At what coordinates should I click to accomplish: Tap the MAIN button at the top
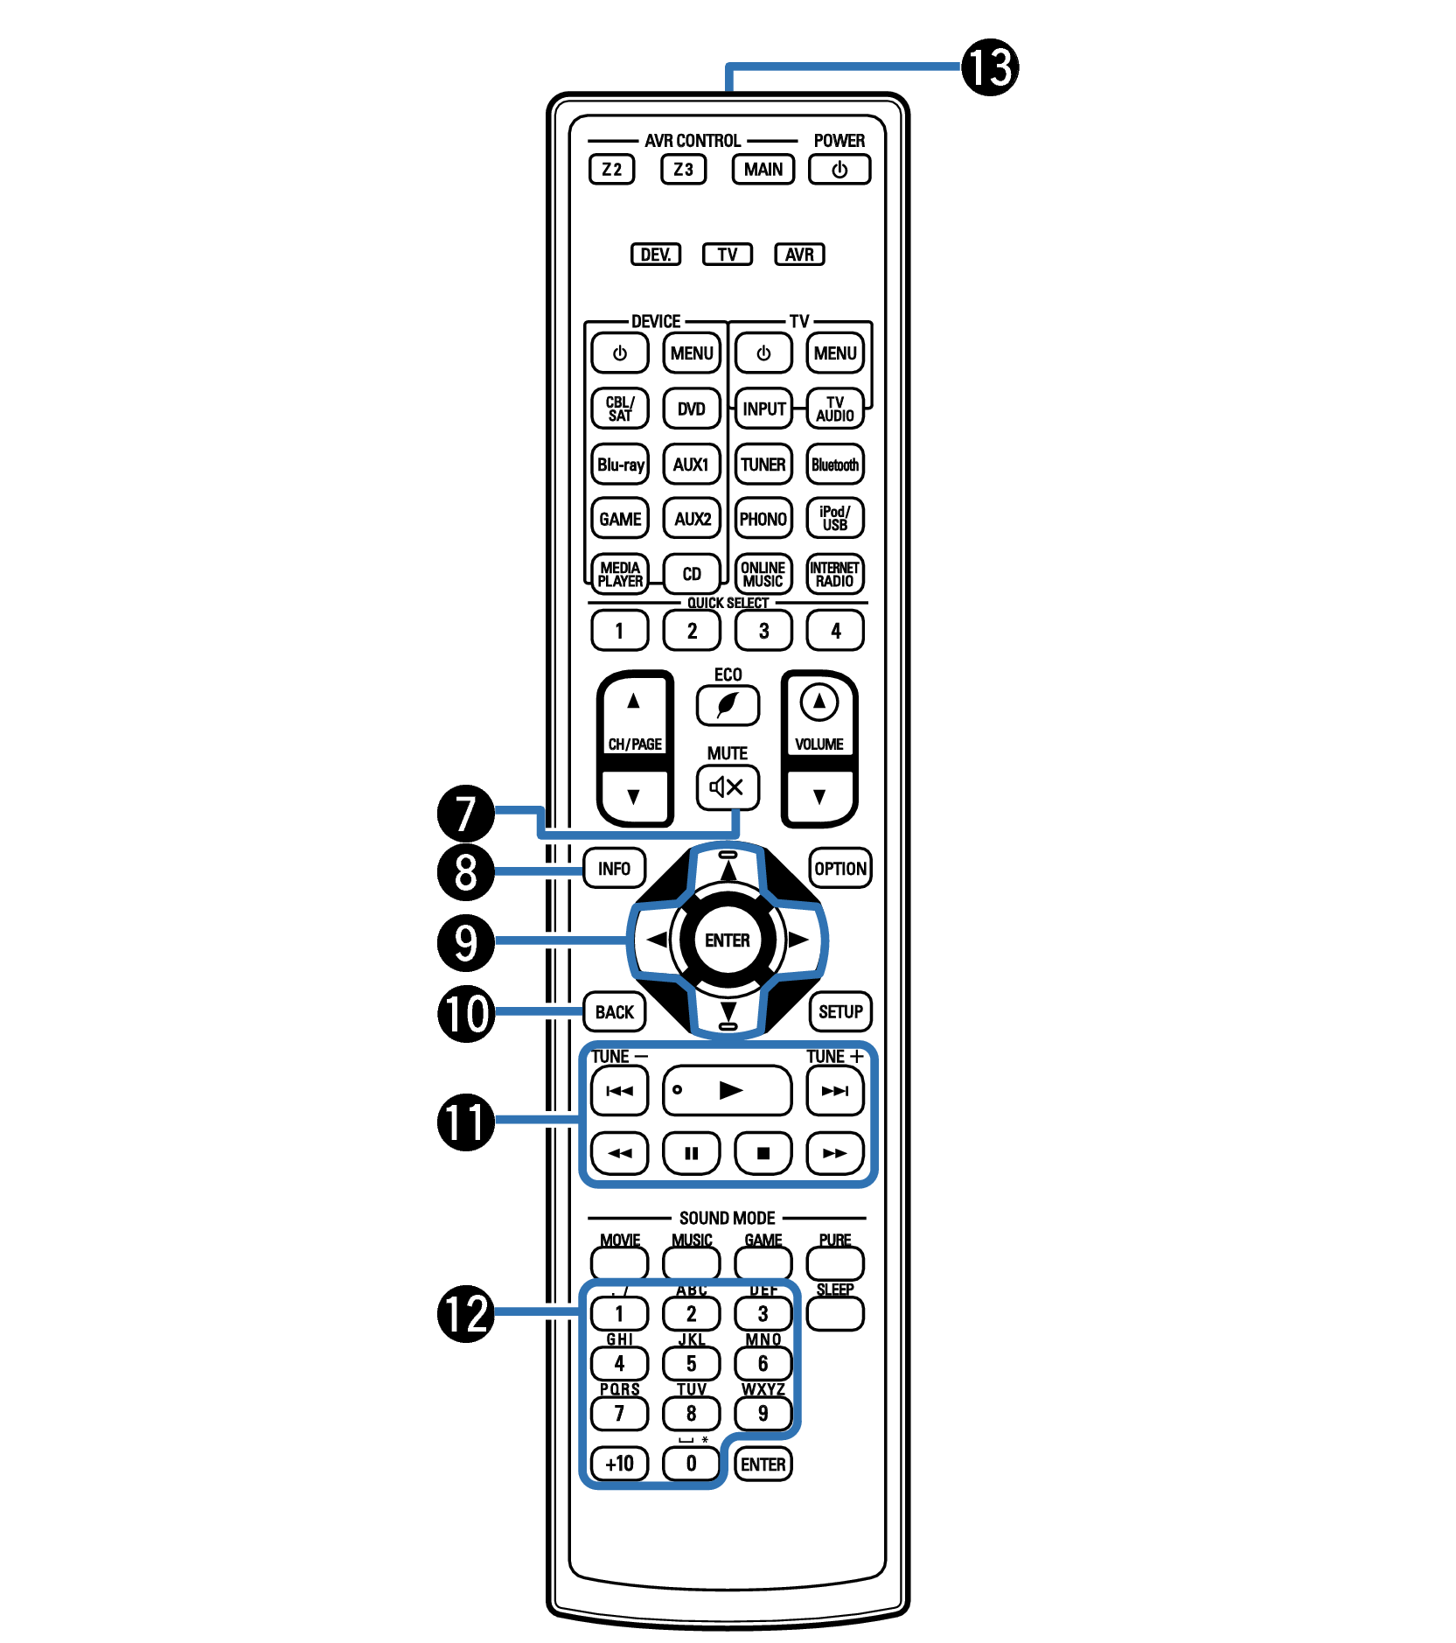(x=763, y=169)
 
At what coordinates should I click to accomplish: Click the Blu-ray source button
(x=620, y=465)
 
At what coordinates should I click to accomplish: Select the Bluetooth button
(x=835, y=465)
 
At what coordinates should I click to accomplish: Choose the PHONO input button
(x=763, y=519)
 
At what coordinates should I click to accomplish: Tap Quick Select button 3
(x=763, y=630)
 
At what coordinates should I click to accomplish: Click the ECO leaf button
(x=728, y=705)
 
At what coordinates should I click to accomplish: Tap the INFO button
(x=614, y=868)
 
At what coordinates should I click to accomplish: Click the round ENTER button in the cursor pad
(x=728, y=940)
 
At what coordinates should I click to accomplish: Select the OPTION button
(x=840, y=868)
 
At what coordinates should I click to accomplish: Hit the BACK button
(x=614, y=1012)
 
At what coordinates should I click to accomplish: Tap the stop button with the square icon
(x=763, y=1153)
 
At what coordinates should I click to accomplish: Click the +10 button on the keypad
(x=620, y=1464)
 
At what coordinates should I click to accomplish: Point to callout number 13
(x=990, y=67)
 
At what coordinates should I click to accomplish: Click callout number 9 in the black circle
(x=466, y=942)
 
